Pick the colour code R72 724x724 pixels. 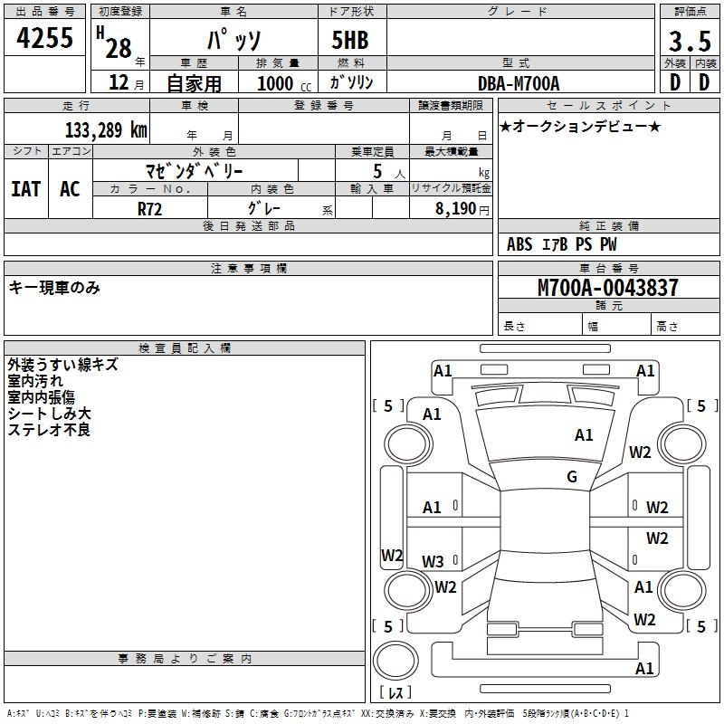coord(150,208)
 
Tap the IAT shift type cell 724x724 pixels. coord(25,189)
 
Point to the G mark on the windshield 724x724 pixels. coord(572,477)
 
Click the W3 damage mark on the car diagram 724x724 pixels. coord(433,561)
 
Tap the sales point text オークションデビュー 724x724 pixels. coord(580,127)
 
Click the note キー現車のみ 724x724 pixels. coord(54,288)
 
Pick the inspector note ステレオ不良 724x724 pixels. coord(49,430)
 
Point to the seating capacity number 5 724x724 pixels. coord(376,171)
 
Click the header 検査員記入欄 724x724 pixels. coord(185,348)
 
